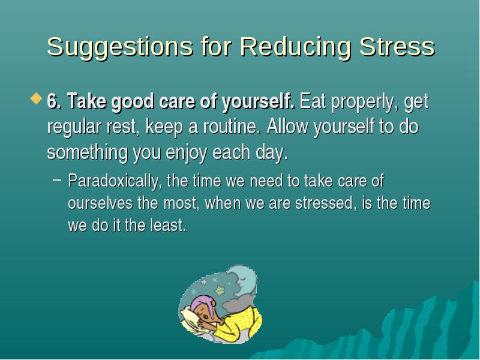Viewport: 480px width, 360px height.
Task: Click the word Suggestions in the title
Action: (120, 47)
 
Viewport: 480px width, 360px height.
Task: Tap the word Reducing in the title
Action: (295, 47)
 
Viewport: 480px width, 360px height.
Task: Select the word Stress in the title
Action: (397, 47)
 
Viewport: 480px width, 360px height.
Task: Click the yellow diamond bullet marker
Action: (37, 98)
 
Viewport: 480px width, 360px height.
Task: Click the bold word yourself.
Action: (259, 102)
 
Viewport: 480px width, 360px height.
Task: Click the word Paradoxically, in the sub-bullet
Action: (115, 181)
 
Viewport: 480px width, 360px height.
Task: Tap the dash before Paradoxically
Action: (57, 180)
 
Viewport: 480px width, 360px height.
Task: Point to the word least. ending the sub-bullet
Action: (168, 225)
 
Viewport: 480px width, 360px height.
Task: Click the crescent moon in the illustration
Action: (245, 280)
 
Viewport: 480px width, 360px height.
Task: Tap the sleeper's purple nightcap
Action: (202, 302)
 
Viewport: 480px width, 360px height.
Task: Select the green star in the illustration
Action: (220, 290)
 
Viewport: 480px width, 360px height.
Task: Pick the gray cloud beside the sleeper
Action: (237, 303)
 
